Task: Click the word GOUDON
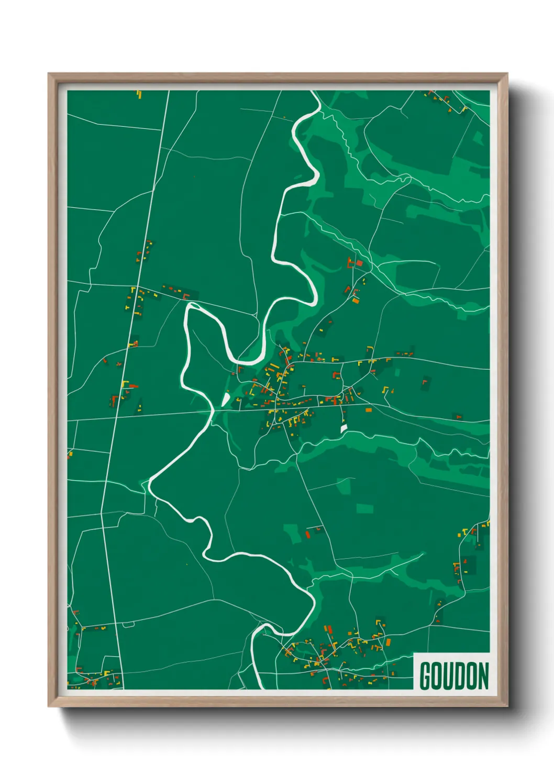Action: [x=454, y=676]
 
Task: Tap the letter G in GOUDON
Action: [x=425, y=676]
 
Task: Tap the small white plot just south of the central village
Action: [x=344, y=428]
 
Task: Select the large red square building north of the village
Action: [x=359, y=263]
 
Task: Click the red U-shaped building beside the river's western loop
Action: [x=186, y=296]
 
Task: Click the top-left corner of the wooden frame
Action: [x=49, y=74]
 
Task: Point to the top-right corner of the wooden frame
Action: [x=507, y=74]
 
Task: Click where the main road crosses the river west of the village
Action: [x=213, y=412]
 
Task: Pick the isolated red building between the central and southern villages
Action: [x=308, y=534]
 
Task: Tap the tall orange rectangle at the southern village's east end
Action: [x=389, y=642]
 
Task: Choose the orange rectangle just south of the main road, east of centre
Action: [x=368, y=409]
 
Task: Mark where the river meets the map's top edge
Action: [x=314, y=92]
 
